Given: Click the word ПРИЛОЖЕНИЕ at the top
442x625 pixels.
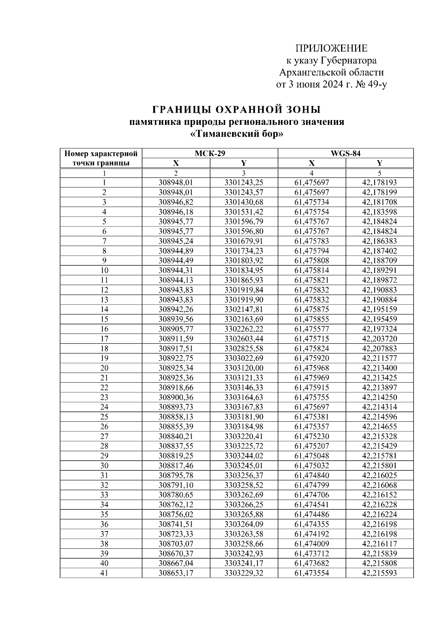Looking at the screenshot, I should click(331, 49).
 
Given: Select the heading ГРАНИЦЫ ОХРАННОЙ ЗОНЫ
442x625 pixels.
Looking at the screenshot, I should click(236, 110).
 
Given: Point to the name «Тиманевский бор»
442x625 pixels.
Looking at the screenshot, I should click(236, 134).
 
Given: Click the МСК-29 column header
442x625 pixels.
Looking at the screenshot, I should click(210, 154).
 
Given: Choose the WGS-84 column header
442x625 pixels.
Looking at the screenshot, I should click(345, 154).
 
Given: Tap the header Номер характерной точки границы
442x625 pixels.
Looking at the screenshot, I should click(101, 158).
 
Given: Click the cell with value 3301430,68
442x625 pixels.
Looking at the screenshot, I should click(244, 202).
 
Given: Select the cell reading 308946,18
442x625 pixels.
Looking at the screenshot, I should click(176, 212).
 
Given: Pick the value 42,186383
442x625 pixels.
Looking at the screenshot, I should click(379, 241).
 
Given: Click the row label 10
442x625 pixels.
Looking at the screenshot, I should click(104, 270).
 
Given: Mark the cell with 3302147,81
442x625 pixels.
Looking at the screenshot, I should click(244, 309).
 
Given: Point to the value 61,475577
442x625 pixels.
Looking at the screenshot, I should click(312, 329).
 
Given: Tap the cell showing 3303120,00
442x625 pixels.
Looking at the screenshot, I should click(244, 368).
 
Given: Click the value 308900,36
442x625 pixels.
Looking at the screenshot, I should click(176, 397).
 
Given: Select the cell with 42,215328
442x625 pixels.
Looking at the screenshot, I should click(379, 436).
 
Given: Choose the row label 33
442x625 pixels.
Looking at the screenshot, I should click(104, 495).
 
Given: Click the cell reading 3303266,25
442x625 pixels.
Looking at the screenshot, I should click(244, 505).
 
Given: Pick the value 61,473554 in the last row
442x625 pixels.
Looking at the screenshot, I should click(312, 573).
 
